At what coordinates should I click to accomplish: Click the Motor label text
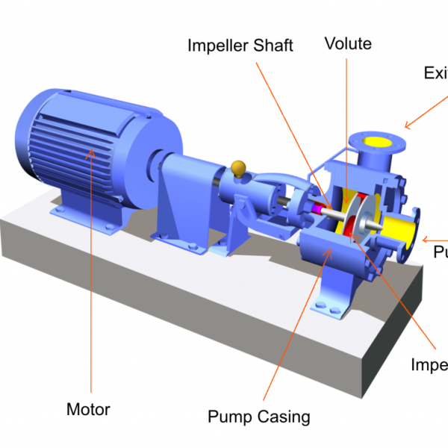(x=88, y=409)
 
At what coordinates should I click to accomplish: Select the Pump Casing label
(x=258, y=416)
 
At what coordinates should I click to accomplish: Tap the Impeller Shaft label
(x=240, y=46)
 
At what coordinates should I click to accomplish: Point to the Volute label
(x=347, y=43)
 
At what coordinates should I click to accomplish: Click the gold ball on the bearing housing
(x=240, y=168)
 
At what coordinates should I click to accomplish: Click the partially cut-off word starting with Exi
(x=435, y=72)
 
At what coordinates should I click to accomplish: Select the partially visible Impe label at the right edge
(x=429, y=364)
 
